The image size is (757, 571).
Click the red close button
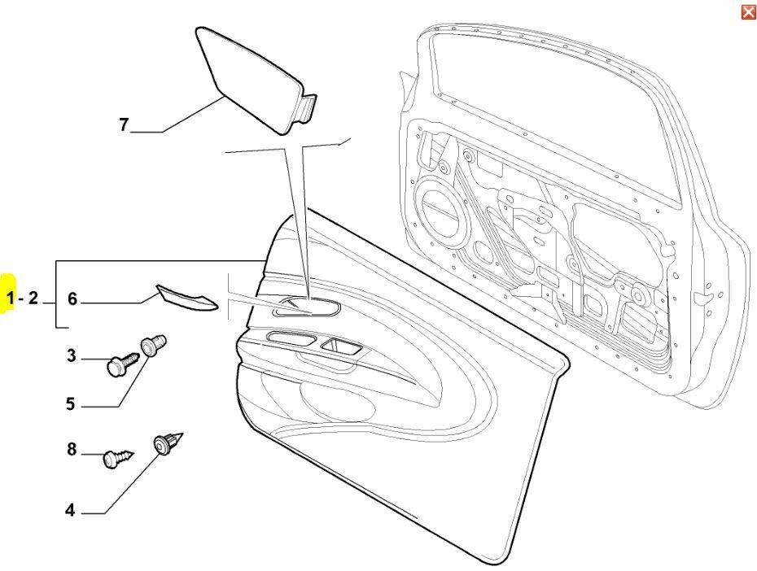tap(748, 12)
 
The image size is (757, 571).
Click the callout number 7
tap(124, 125)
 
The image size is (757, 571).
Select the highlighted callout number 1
tap(11, 299)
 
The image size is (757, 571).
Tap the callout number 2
tap(33, 298)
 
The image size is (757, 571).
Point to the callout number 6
tap(72, 299)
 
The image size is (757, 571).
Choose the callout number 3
tap(72, 356)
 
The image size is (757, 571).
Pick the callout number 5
tap(71, 403)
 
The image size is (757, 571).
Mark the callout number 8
tap(72, 450)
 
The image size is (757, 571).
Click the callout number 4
tap(71, 510)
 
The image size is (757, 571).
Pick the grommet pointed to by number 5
tap(153, 345)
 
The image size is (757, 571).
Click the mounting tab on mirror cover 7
tap(308, 107)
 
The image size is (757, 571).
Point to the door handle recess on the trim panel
tap(307, 307)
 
